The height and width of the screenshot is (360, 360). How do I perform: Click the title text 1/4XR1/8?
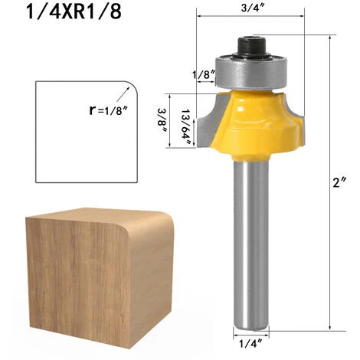[x=74, y=12]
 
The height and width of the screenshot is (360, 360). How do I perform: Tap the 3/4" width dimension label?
[x=252, y=8]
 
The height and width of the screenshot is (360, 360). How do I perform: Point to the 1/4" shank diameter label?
[x=250, y=343]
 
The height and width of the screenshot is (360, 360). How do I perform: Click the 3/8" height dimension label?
[x=162, y=120]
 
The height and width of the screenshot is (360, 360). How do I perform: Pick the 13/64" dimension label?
[x=187, y=127]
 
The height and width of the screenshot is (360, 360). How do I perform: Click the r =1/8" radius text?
[x=108, y=110]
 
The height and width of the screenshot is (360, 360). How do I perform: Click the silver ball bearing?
[x=251, y=72]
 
